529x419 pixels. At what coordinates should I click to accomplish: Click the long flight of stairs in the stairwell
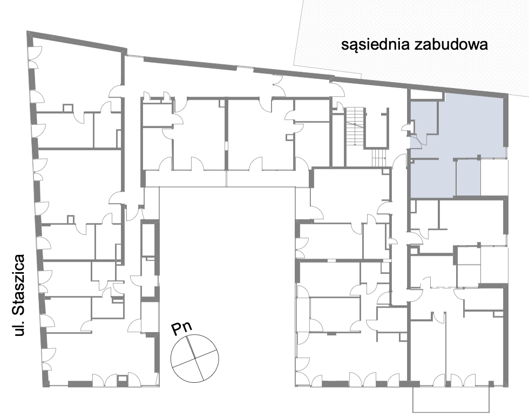[x=354, y=125]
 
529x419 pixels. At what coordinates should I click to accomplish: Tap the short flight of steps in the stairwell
[x=379, y=158]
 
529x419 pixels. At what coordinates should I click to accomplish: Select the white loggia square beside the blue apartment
[x=493, y=177]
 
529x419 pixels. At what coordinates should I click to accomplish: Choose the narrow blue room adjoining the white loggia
[x=467, y=178]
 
